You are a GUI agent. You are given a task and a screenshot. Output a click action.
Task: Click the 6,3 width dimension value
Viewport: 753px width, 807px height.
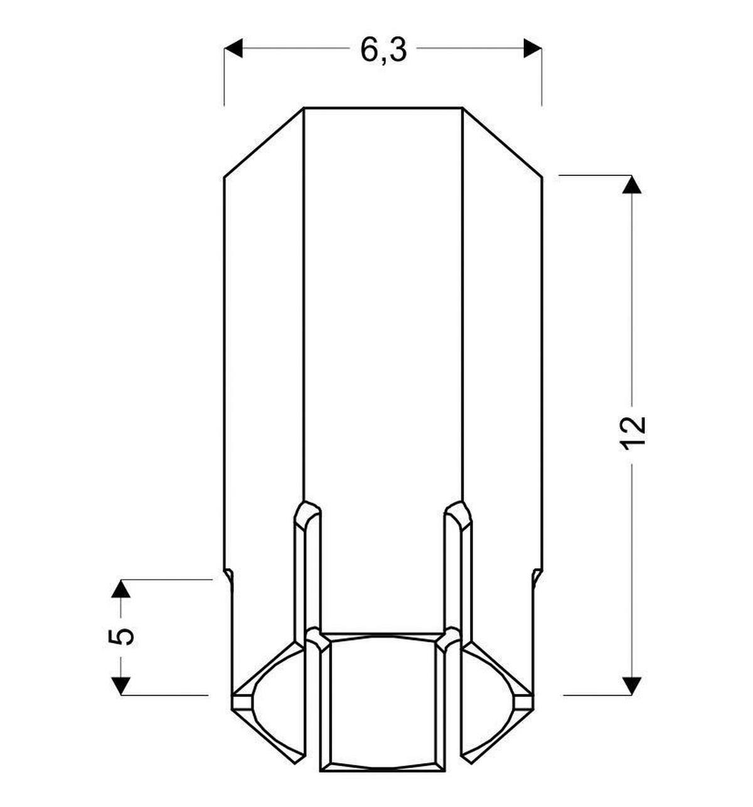383,49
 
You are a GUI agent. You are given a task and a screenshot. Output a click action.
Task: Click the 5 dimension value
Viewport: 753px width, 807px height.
122,636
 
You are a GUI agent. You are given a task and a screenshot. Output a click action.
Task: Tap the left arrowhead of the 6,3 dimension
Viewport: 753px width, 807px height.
233,48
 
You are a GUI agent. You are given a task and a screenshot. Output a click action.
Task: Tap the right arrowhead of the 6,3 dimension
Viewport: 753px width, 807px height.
533,48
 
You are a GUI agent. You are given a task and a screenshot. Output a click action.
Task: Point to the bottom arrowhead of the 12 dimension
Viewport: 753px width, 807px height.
632,685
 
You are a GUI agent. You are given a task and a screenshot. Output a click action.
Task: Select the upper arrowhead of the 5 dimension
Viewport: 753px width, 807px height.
120,589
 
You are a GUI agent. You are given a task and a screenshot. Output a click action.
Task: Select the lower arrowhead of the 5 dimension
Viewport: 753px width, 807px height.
120,685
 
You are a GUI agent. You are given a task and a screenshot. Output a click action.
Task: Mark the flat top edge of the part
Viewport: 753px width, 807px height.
383,108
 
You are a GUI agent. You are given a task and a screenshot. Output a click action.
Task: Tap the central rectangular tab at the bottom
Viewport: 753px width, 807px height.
383,703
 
